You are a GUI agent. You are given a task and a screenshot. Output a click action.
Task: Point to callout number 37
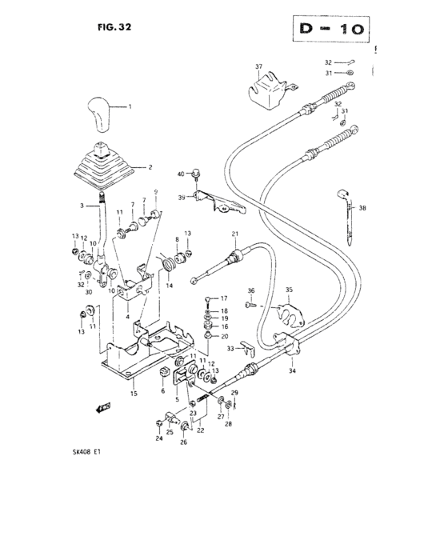(x=258, y=66)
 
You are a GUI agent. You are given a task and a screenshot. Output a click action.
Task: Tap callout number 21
(x=236, y=233)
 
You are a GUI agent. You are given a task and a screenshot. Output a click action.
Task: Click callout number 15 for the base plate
(x=134, y=394)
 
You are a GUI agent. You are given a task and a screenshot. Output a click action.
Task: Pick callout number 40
(x=182, y=173)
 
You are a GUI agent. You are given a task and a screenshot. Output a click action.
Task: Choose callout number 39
(x=182, y=197)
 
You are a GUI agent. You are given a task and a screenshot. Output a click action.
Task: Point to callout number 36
(x=250, y=290)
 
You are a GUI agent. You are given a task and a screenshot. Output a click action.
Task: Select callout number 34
(x=292, y=371)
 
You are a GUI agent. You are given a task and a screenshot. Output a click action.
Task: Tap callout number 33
(x=230, y=348)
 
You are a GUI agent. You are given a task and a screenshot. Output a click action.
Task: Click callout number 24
(x=158, y=438)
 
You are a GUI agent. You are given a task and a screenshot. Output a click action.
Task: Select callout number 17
(x=224, y=298)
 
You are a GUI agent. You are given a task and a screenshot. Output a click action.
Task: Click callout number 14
(x=169, y=286)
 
